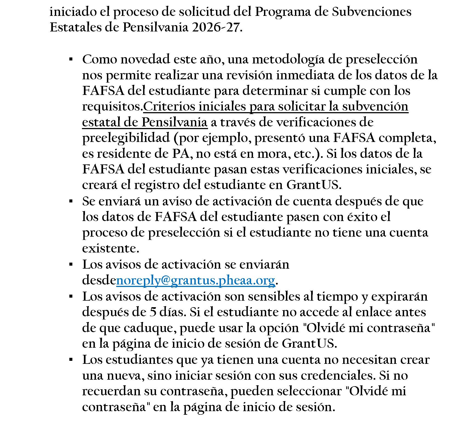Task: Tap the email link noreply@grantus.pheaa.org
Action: click(195, 280)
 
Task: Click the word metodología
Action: click(283, 59)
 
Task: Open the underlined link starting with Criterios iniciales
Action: click(275, 107)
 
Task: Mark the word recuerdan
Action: click(111, 391)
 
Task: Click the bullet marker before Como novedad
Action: click(71, 59)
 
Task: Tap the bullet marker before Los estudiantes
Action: click(71, 359)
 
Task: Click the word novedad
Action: click(145, 59)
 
